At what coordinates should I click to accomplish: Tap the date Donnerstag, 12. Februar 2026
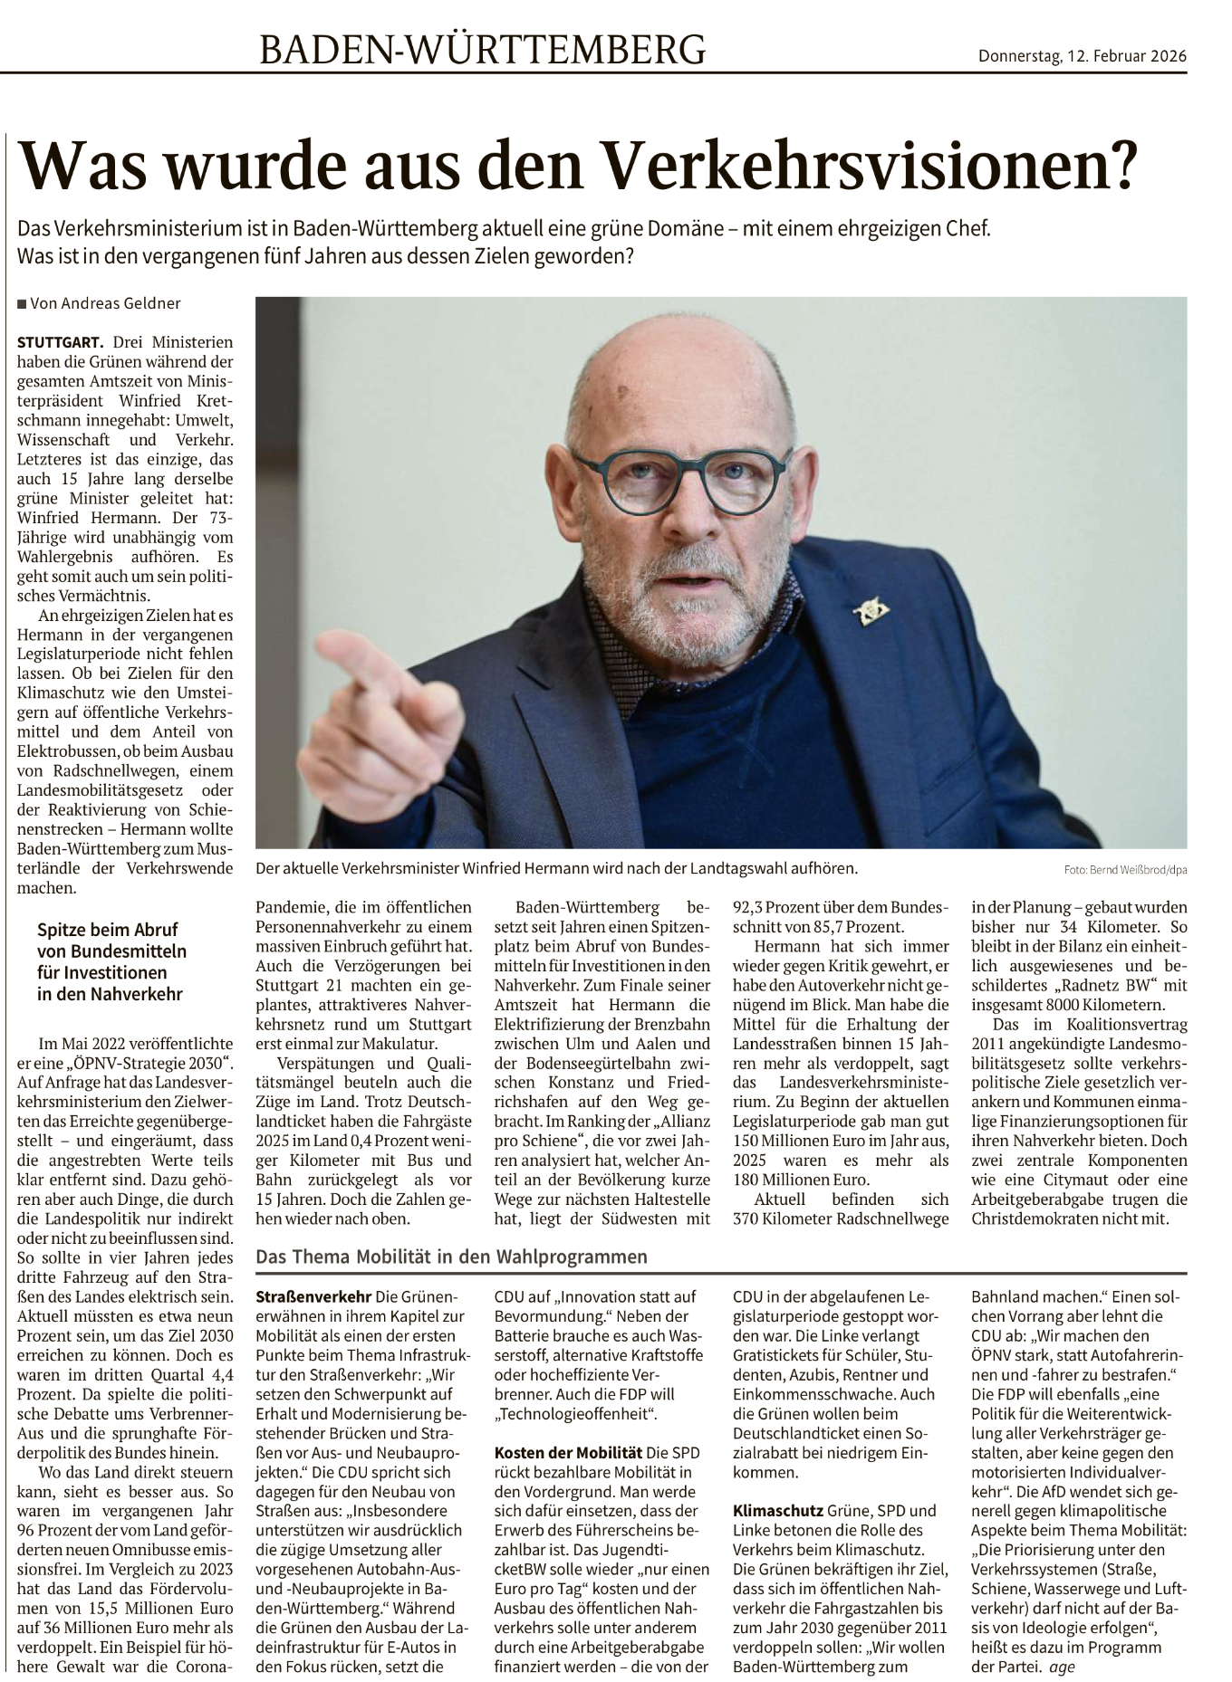pyautogui.click(x=1082, y=56)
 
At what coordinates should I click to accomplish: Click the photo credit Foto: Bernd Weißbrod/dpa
pyautogui.click(x=1126, y=870)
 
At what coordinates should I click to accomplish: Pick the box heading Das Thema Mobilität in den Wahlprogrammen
pyautogui.click(x=451, y=1257)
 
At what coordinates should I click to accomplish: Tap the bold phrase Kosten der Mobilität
pyautogui.click(x=568, y=1453)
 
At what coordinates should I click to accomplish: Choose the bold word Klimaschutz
pyautogui.click(x=777, y=1511)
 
